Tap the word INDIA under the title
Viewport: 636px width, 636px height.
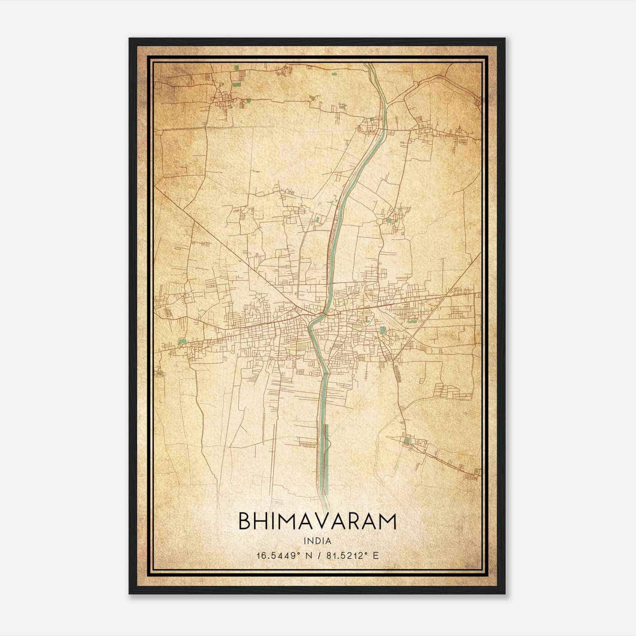point(317,541)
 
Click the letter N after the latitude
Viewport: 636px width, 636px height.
point(307,555)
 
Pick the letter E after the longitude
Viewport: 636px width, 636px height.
point(376,555)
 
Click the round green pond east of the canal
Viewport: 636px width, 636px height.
point(382,330)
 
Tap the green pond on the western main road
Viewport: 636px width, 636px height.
point(182,341)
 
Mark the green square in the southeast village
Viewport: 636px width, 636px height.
point(406,440)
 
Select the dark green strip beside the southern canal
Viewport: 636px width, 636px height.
point(327,457)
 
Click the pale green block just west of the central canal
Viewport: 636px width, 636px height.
point(302,347)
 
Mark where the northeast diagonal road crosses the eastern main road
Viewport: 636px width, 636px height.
point(448,295)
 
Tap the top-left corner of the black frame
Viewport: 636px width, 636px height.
point(130,39)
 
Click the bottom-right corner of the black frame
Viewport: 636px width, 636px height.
point(505,593)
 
